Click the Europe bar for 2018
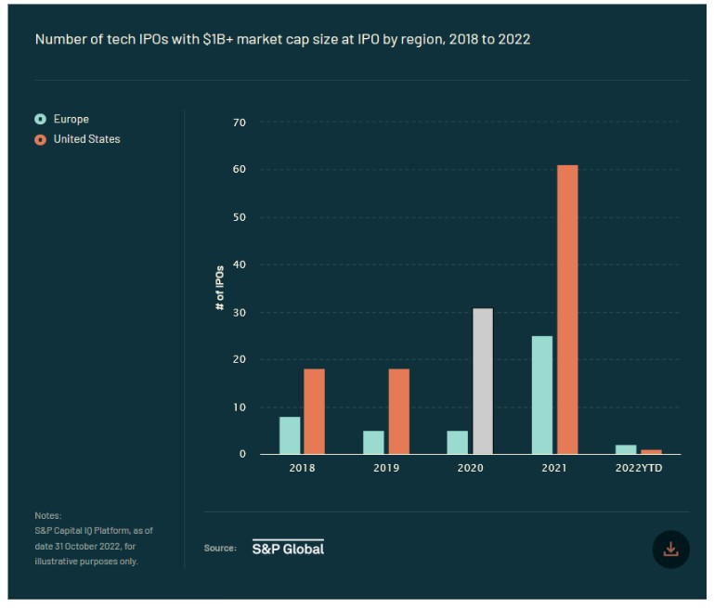[x=290, y=435]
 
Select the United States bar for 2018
[x=315, y=411]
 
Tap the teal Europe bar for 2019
[x=373, y=443]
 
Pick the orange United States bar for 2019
[x=398, y=411]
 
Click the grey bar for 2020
[x=482, y=381]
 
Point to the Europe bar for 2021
[x=541, y=395]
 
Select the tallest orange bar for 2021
[x=566, y=310]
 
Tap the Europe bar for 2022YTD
[x=626, y=449]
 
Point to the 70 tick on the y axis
[x=240, y=123]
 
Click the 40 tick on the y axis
[x=240, y=265]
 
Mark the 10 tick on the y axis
[x=240, y=407]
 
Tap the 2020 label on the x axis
[x=471, y=468]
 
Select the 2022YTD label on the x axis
[x=638, y=468]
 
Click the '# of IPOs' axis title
[x=221, y=288]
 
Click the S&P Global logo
[x=288, y=548]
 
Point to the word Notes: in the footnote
[x=47, y=515]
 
